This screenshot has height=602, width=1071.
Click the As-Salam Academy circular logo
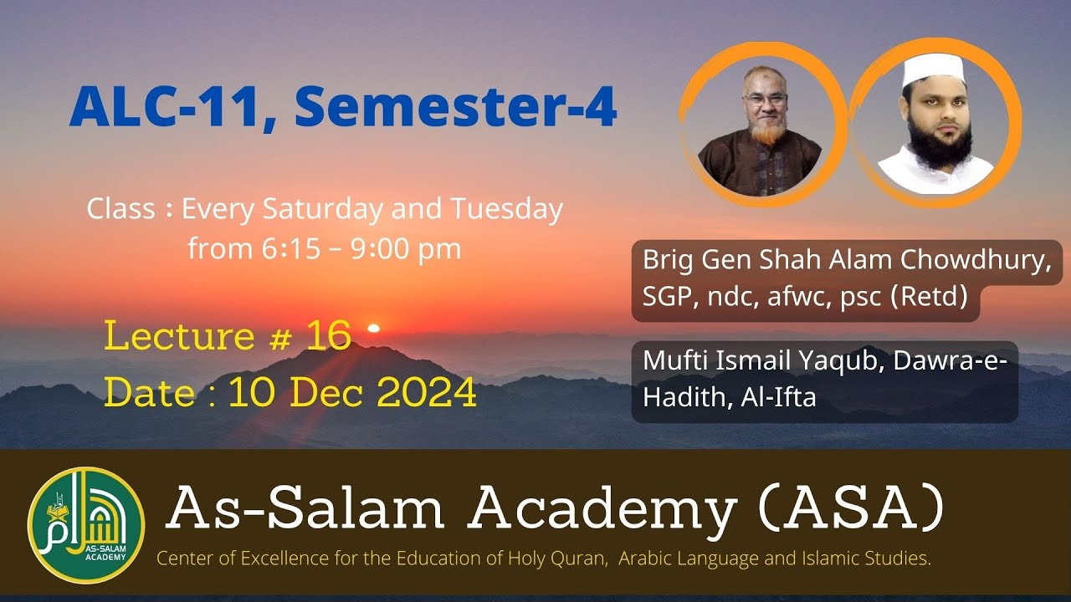(86, 525)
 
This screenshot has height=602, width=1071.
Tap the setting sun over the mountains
(374, 328)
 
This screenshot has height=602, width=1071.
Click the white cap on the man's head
(933, 70)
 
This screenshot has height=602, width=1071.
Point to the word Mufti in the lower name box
(674, 361)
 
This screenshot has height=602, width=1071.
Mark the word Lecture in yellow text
(179, 336)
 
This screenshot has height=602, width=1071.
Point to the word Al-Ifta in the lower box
(778, 398)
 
